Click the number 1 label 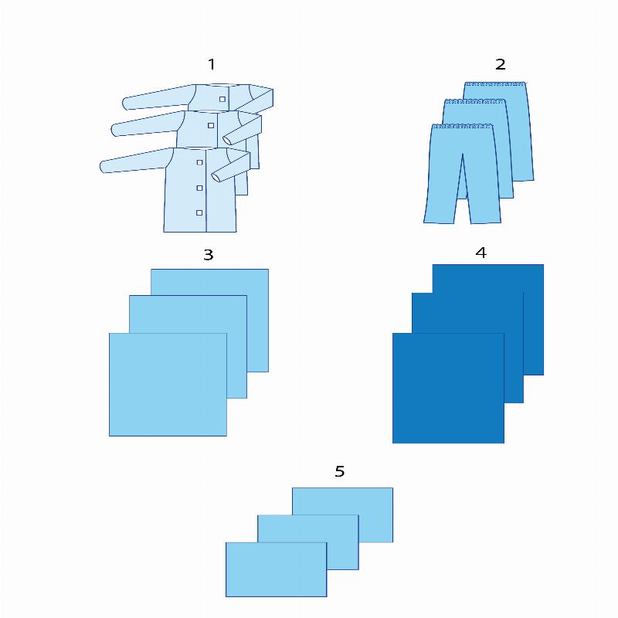(212, 64)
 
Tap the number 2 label (500, 64)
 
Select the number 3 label (209, 255)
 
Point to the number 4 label (480, 253)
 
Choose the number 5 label (340, 471)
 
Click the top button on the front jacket (199, 162)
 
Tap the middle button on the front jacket (199, 188)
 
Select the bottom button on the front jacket (199, 213)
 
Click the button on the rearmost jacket (222, 99)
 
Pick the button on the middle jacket (211, 125)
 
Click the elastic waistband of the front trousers (462, 127)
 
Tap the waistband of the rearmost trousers (495, 83)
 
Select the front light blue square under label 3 (168, 385)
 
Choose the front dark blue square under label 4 (448, 389)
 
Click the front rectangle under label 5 (277, 569)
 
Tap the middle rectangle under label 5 (308, 528)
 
